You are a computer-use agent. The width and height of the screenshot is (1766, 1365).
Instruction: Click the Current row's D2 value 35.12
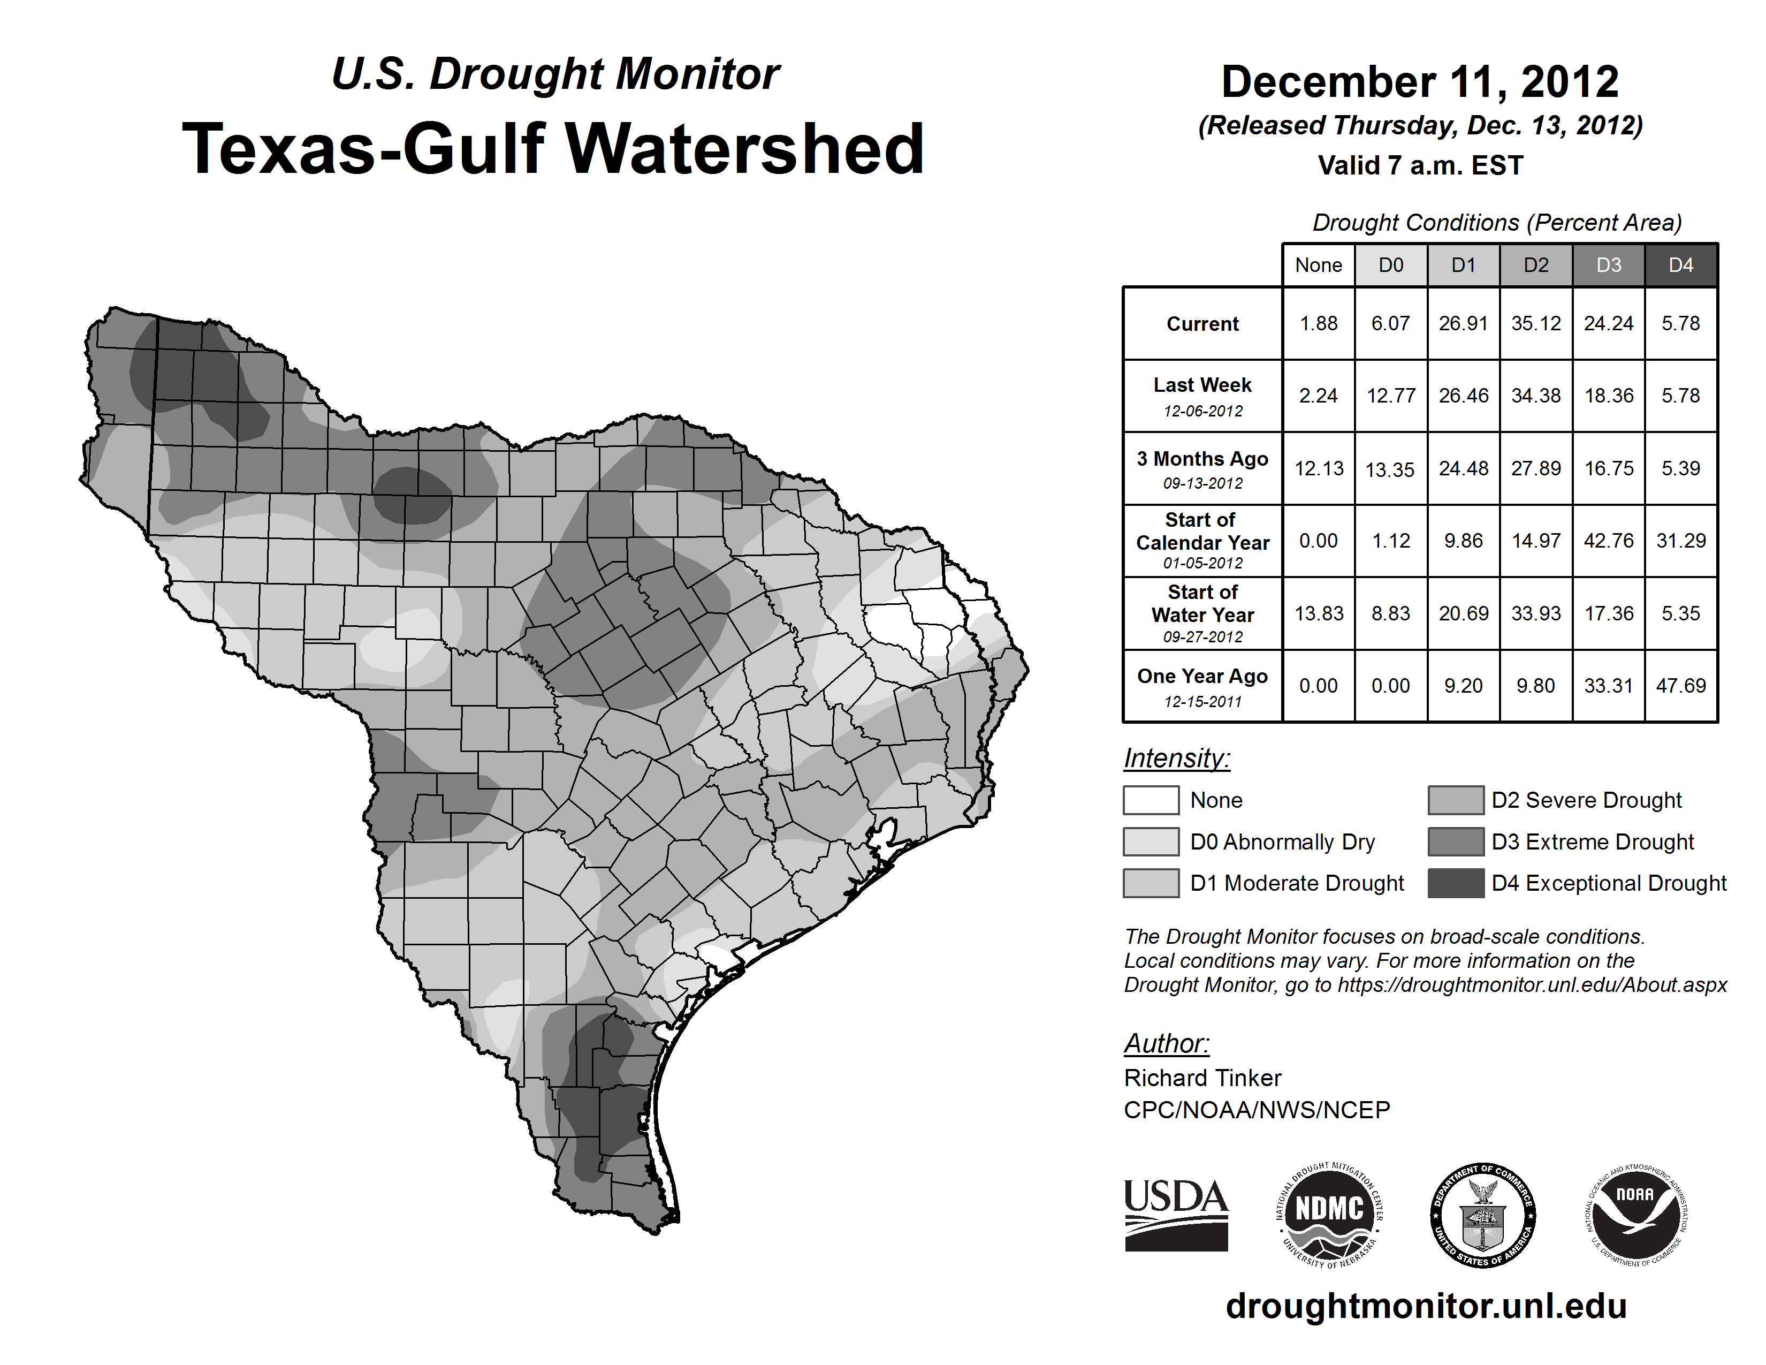point(1535,323)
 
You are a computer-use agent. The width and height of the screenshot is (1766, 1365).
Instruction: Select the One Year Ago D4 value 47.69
point(1680,686)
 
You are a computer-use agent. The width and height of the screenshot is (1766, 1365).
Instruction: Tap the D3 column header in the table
point(1608,265)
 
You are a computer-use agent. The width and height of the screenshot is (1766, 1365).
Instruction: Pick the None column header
point(1318,265)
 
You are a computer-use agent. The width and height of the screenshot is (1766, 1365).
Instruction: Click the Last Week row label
point(1202,396)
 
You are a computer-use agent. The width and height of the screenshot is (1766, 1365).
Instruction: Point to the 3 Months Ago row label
point(1202,468)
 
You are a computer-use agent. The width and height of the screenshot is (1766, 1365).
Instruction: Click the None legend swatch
point(1151,800)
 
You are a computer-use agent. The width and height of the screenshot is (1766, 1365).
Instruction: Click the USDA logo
point(1176,1215)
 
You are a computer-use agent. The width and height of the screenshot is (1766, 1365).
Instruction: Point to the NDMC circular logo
point(1329,1215)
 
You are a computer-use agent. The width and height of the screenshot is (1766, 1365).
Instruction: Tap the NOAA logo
point(1635,1215)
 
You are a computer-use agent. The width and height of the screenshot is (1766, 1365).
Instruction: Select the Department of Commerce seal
point(1482,1215)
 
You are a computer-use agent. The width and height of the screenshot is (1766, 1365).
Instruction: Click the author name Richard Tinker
point(1202,1078)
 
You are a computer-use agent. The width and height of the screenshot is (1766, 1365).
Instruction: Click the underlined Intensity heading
point(1176,759)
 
